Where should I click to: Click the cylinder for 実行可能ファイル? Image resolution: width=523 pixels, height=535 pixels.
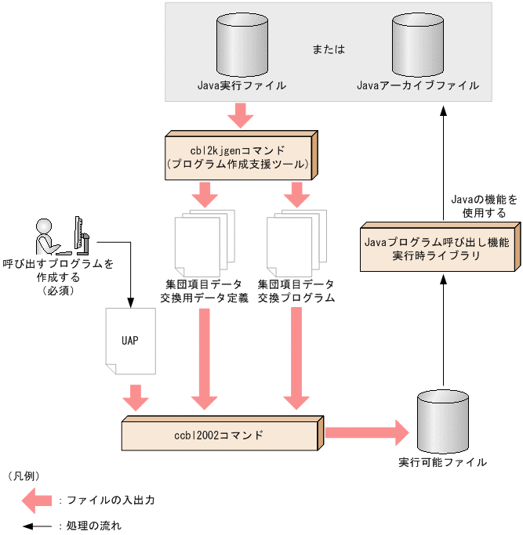coord(442,418)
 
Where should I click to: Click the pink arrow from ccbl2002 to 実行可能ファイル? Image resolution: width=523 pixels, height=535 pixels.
coord(367,432)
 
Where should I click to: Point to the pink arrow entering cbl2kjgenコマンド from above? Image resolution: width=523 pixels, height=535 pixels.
coord(241,116)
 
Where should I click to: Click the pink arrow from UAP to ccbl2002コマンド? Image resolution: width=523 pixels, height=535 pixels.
coord(136,397)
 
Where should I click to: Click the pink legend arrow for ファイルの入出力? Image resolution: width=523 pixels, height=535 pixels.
coord(34,500)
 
